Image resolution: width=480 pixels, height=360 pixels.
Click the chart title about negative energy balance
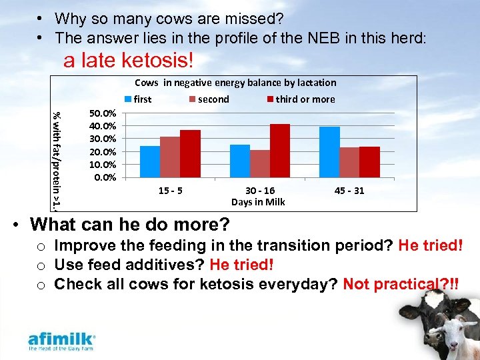tap(235, 83)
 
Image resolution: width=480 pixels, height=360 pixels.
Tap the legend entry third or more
tap(301, 99)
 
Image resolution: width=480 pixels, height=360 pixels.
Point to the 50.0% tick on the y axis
tap(102, 113)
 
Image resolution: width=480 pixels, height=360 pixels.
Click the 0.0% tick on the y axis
tap(105, 177)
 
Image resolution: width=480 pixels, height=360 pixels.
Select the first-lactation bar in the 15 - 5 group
tap(150, 162)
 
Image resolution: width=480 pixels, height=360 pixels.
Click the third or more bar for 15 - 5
tap(190, 154)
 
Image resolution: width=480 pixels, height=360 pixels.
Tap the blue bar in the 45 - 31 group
tap(329, 153)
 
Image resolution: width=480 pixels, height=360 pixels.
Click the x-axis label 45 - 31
tap(350, 191)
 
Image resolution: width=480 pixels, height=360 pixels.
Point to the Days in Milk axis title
tap(258, 202)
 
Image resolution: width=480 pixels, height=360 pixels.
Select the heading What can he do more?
tap(130, 223)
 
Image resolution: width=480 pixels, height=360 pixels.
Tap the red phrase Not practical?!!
tap(401, 284)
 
